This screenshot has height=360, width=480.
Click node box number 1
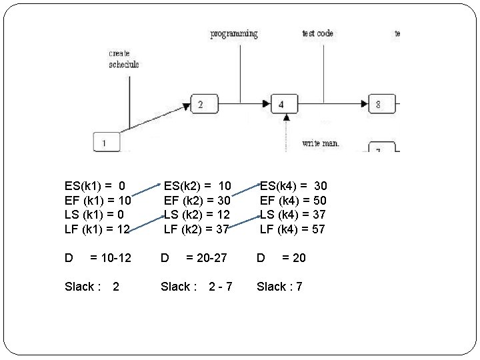(105, 142)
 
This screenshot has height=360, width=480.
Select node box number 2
(205, 104)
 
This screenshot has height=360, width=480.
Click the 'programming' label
(234, 33)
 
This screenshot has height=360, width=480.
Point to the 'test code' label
(317, 33)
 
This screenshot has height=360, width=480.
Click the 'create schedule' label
(124, 59)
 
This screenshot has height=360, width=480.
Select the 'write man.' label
(321, 142)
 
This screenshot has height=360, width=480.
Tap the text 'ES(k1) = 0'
(95, 185)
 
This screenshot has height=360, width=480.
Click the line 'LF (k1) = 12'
(97, 229)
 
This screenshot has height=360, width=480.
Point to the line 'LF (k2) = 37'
(197, 229)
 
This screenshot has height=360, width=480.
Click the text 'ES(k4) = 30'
(293, 185)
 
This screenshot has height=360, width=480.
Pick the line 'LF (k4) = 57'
(293, 229)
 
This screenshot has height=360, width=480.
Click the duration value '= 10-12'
(111, 257)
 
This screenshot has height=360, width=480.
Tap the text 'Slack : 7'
(279, 287)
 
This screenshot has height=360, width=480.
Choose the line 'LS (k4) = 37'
(293, 215)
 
